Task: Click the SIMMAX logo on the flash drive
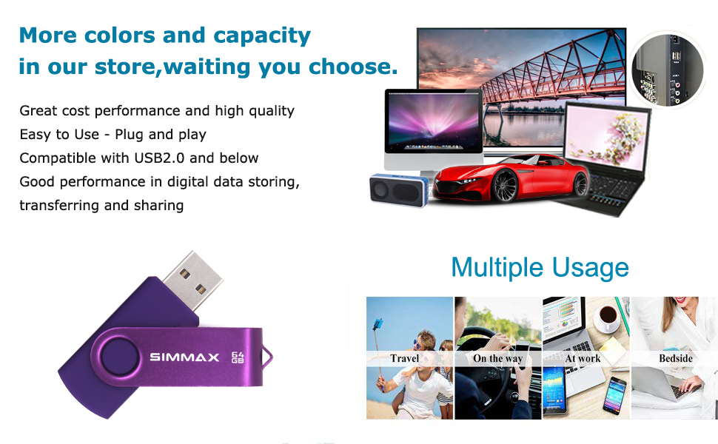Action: [x=184, y=357]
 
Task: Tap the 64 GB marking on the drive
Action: [x=238, y=357]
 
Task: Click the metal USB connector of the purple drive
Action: [x=192, y=279]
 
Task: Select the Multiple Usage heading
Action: [x=540, y=268]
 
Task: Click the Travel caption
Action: [x=405, y=358]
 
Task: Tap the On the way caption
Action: [x=497, y=358]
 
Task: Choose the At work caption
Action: [x=583, y=358]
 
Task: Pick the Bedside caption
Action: [x=675, y=358]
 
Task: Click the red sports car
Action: [x=511, y=178]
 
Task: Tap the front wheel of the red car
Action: [x=505, y=186]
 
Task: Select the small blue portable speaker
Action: [x=399, y=189]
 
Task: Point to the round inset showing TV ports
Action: [x=668, y=70]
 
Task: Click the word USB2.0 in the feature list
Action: [x=159, y=158]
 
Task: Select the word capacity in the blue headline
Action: [x=262, y=36]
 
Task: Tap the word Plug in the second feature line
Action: [x=130, y=135]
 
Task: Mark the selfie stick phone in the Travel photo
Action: [x=378, y=324]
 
